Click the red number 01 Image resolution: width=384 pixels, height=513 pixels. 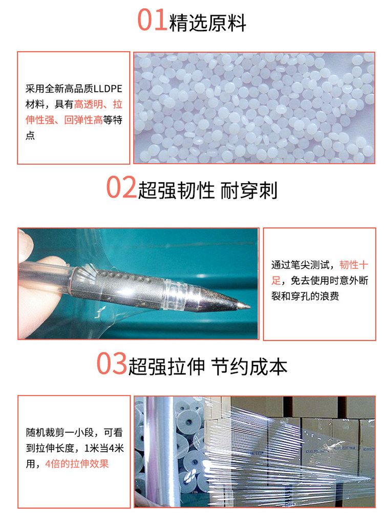[x=153, y=20]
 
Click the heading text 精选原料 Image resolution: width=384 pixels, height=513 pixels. [x=208, y=23]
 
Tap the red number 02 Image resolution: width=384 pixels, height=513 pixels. [x=121, y=187]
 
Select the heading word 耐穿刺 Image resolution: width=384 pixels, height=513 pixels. [x=249, y=190]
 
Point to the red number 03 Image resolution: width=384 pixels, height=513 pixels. [x=112, y=363]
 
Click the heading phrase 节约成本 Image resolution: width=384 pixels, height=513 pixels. [x=249, y=366]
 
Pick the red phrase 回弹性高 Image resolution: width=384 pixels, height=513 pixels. [x=83, y=120]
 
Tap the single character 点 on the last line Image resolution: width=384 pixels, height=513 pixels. [x=30, y=135]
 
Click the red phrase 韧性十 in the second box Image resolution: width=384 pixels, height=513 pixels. [x=354, y=265]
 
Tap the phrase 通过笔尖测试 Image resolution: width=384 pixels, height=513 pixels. [x=301, y=265]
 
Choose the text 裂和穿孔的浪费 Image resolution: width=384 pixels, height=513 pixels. [x=305, y=296]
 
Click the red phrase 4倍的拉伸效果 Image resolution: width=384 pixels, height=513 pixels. [x=77, y=464]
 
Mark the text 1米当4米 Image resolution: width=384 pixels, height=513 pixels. [x=104, y=448]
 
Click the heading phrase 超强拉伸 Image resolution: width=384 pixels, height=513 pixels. [x=166, y=366]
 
